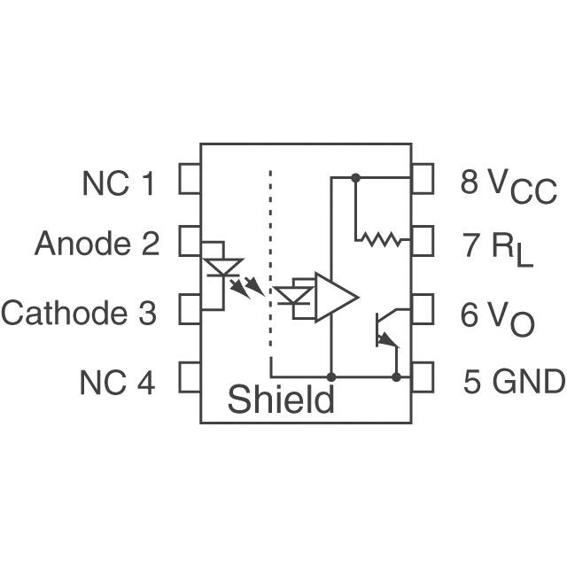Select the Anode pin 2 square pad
pyautogui.click(x=190, y=240)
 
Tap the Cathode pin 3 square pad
pyautogui.click(x=190, y=310)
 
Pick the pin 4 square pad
pyautogui.click(x=190, y=377)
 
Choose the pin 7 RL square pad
pyautogui.click(x=423, y=240)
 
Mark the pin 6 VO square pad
pyautogui.click(x=423, y=310)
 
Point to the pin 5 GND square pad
pyautogui.click(x=423, y=377)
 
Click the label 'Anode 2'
pyautogui.click(x=97, y=244)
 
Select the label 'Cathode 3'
pyautogui.click(x=79, y=313)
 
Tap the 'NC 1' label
pyautogui.click(x=119, y=183)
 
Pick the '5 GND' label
pyautogui.click(x=514, y=382)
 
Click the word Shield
pyautogui.click(x=282, y=400)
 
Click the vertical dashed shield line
pyautogui.click(x=269, y=257)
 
